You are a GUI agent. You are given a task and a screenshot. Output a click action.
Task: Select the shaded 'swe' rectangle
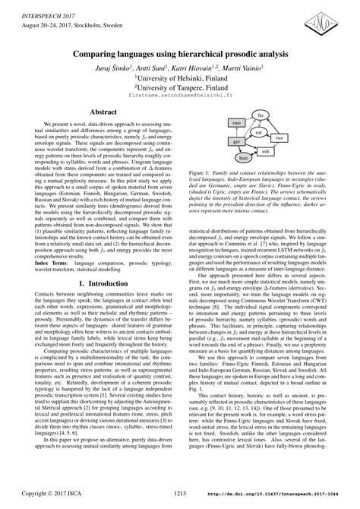[237, 123]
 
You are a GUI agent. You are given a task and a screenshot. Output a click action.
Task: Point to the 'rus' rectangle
[279, 138]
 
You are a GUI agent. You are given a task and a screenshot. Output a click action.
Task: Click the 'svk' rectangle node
[265, 152]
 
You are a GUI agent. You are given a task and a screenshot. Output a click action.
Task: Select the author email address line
[180, 97]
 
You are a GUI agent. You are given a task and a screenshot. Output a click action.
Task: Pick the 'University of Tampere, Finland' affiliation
[180, 87]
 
